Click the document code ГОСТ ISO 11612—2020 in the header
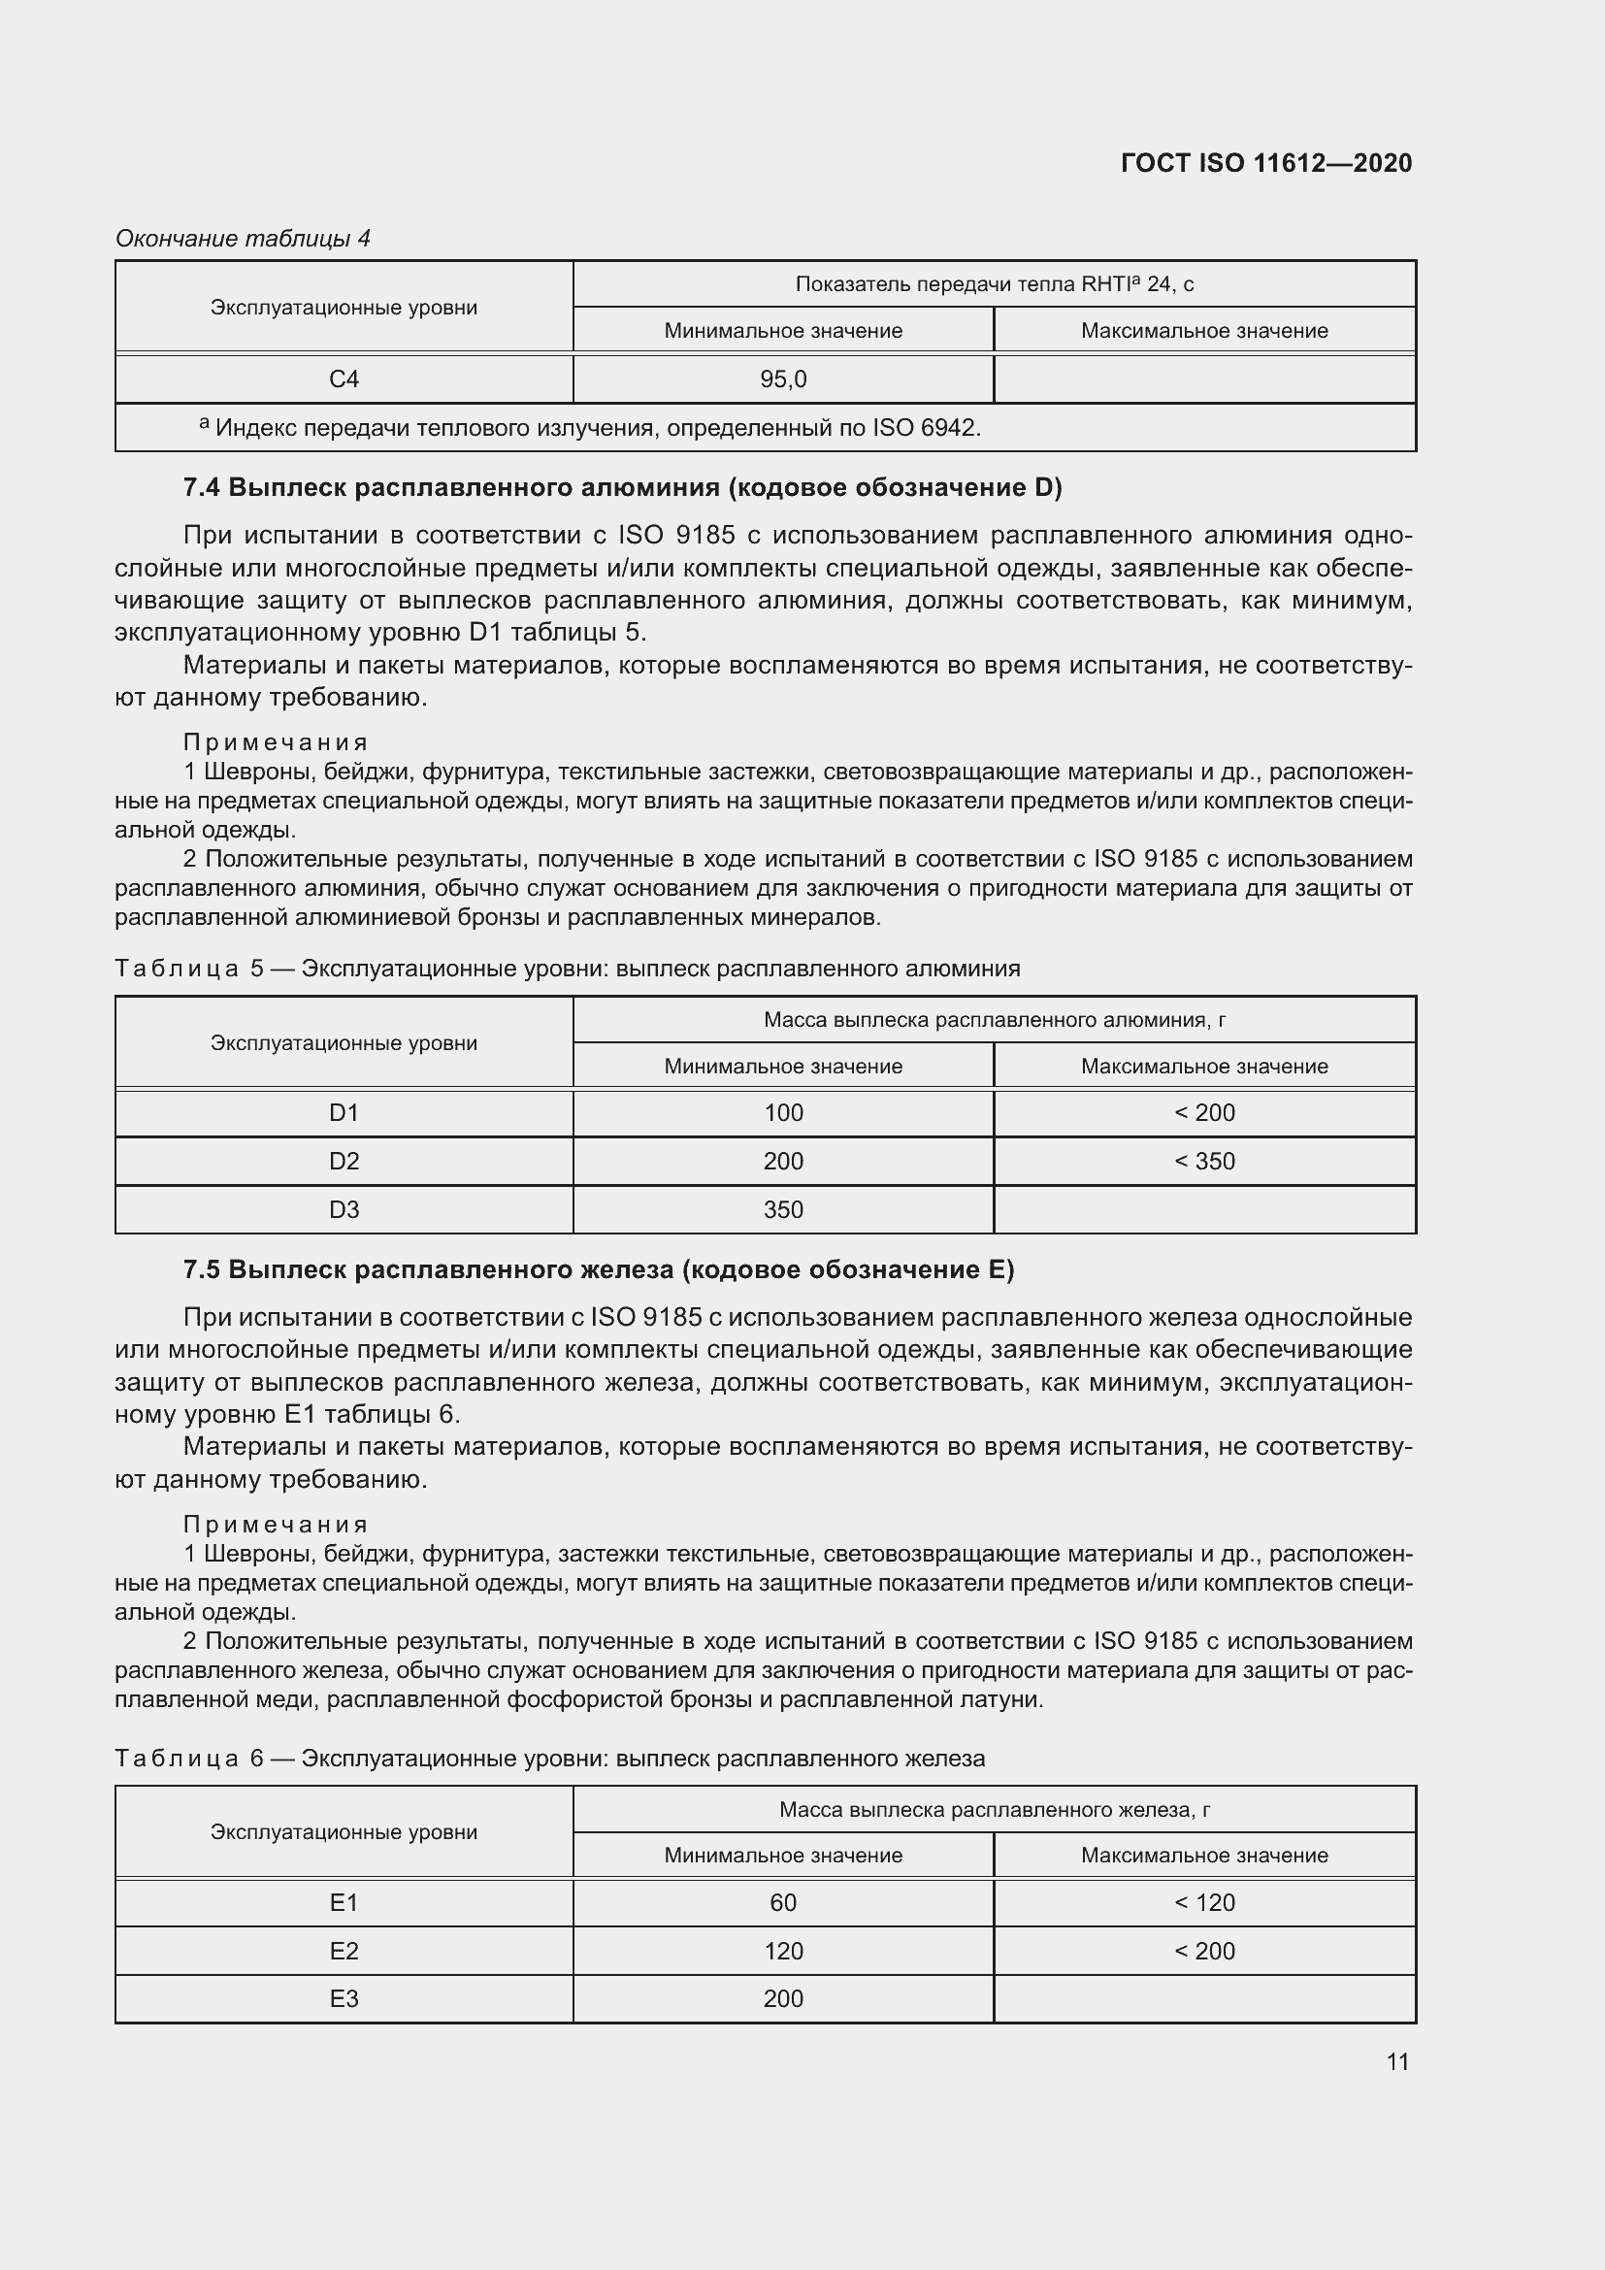coord(1266,163)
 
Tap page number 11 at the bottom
coord(1396,2061)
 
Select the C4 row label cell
coord(344,378)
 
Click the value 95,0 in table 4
coord(783,378)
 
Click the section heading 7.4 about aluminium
coord(622,487)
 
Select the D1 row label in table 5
coord(344,1112)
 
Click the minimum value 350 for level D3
coord(783,1209)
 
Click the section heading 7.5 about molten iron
coord(598,1269)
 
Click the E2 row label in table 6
coord(344,1951)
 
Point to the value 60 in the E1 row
coord(783,1902)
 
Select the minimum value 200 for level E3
coord(783,1998)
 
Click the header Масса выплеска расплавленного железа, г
coord(995,1809)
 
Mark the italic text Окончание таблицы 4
coord(244,239)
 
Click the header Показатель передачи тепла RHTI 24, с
coord(995,284)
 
